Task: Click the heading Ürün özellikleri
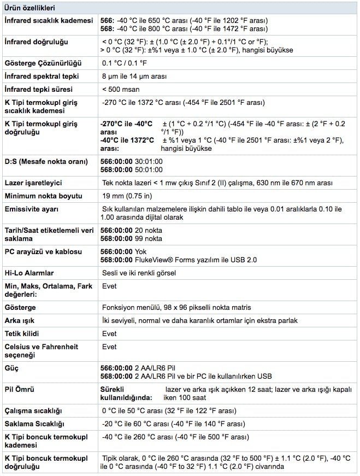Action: [x=29, y=8]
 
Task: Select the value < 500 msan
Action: [x=120, y=89]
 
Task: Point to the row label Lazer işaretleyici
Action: [x=33, y=183]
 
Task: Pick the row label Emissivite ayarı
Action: [x=31, y=209]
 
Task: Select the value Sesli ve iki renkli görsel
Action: [x=141, y=272]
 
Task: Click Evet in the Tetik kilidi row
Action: [x=109, y=333]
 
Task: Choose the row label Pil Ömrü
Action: [x=20, y=390]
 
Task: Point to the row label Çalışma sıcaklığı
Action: [x=33, y=411]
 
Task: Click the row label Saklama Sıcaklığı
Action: [x=34, y=424]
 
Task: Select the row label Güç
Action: [x=11, y=368]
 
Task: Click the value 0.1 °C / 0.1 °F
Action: [x=125, y=63]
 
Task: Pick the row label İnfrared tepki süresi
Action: [x=39, y=89]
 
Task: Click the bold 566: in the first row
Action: [x=108, y=20]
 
